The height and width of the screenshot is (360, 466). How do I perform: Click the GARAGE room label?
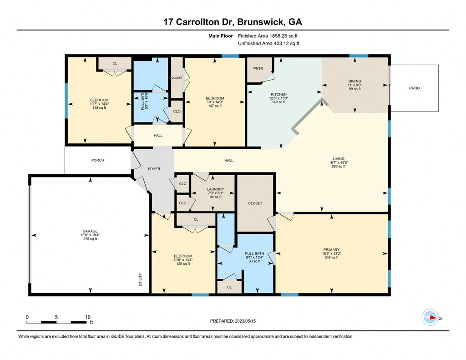(x=90, y=231)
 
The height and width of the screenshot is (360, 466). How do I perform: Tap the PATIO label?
(x=414, y=88)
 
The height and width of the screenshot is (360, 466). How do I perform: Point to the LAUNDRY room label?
(x=215, y=189)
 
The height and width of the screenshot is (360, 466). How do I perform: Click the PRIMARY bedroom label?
(x=331, y=250)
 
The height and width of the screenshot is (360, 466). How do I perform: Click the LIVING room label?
(x=339, y=159)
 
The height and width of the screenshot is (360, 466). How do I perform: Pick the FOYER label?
(x=154, y=169)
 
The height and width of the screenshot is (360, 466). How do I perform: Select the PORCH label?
(x=98, y=160)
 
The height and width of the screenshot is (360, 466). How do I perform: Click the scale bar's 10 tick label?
(x=88, y=317)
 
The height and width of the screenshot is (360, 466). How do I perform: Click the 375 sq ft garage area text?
(x=90, y=239)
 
